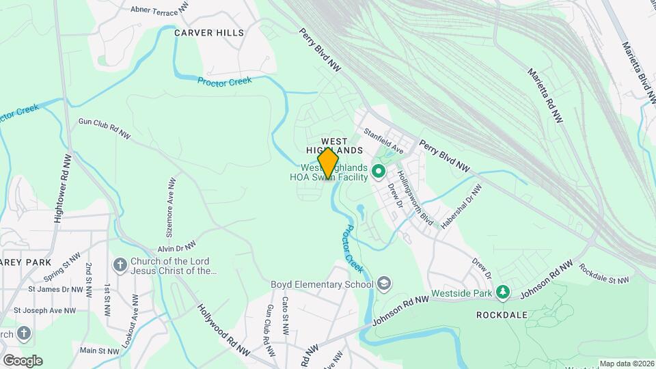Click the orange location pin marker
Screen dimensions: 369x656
tap(329, 164)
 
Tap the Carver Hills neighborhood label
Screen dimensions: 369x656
tap(208, 32)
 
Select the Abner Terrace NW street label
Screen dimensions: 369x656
tap(159, 10)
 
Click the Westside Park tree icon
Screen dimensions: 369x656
tap(504, 292)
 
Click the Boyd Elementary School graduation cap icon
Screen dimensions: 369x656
tap(384, 284)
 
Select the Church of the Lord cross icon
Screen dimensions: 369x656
tap(120, 264)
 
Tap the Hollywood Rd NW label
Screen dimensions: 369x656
tap(223, 330)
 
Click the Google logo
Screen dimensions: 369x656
tap(22, 360)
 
